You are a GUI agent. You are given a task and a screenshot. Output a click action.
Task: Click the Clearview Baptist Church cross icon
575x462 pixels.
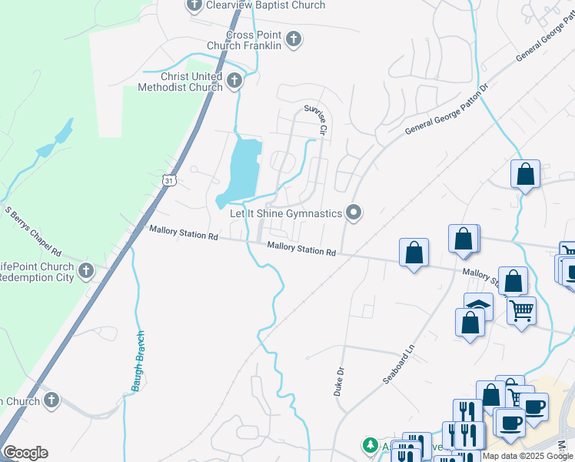(x=194, y=6)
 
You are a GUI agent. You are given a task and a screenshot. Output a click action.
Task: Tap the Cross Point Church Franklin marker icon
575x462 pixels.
(x=293, y=39)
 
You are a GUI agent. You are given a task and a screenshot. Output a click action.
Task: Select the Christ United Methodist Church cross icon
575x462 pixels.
(x=234, y=79)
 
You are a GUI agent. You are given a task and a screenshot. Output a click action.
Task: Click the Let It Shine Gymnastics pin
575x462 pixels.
(x=354, y=212)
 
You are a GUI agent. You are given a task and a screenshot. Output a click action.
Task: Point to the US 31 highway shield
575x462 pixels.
(x=168, y=179)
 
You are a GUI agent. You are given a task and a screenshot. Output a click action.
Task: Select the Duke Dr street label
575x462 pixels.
(x=338, y=381)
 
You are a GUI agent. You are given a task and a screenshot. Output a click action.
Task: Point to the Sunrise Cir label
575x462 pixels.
(x=316, y=120)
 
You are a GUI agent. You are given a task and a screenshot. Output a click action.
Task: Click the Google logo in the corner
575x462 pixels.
(x=25, y=453)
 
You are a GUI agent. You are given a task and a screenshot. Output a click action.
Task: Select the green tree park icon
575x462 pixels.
(x=371, y=446)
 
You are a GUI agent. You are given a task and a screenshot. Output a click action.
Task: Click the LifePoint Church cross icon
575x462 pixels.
(x=85, y=271)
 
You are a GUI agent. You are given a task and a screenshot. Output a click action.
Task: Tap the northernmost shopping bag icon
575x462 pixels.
(x=526, y=174)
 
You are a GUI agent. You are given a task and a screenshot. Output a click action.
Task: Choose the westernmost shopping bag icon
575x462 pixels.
(x=414, y=253)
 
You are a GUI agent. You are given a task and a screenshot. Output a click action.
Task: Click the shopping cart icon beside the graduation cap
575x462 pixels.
(x=521, y=310)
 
